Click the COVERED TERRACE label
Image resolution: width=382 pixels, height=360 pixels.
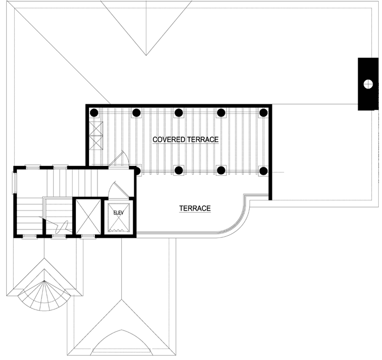pos(185,139)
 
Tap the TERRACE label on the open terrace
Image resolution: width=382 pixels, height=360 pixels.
pos(194,208)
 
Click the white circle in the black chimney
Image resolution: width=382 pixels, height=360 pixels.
pos(368,83)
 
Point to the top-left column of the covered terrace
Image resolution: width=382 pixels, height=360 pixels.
pos(93,112)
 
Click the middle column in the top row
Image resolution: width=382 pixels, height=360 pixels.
pos(179,112)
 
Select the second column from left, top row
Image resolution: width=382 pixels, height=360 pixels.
pos(136,112)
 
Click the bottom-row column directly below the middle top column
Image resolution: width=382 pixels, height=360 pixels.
pos(179,170)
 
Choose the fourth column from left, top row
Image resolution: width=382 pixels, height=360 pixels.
pos(221,112)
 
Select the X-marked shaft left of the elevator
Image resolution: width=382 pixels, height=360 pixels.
pos(86,216)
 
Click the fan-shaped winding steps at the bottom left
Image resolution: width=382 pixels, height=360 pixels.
pos(45,295)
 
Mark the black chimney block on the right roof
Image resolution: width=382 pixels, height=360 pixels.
pos(368,84)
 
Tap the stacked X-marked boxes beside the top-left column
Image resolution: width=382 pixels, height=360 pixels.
pos(96,136)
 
